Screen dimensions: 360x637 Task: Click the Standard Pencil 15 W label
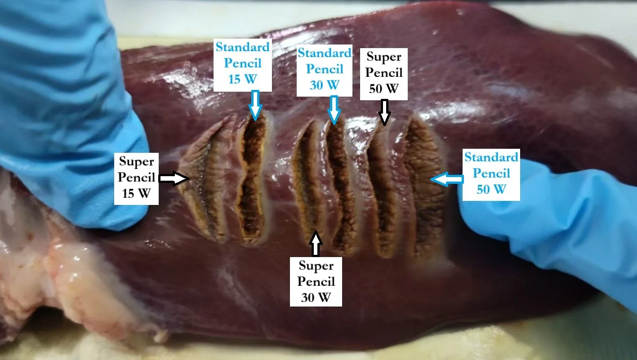click(x=243, y=63)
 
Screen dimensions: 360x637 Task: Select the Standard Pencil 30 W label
click(x=324, y=69)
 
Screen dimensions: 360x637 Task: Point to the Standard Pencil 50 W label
click(x=491, y=173)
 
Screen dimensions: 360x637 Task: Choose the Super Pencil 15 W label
click(x=137, y=179)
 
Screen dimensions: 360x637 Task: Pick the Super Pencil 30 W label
click(x=316, y=282)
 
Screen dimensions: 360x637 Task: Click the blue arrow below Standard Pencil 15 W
click(x=255, y=105)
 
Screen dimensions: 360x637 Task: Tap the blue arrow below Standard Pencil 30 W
click(x=333, y=109)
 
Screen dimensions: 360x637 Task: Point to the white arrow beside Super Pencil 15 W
click(x=174, y=179)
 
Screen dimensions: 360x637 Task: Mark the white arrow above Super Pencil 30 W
click(x=316, y=243)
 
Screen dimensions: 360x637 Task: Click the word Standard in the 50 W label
click(x=491, y=157)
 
